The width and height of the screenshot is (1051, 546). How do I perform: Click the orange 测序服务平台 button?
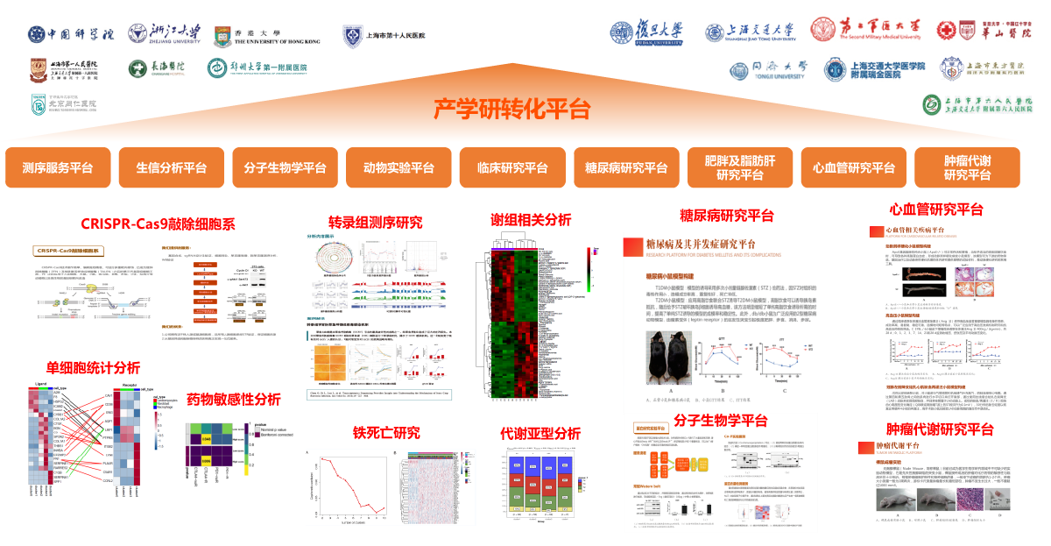pyautogui.click(x=57, y=168)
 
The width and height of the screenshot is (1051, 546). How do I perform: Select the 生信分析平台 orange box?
pyautogui.click(x=171, y=168)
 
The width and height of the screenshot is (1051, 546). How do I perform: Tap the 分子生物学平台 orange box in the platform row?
pyautogui.click(x=285, y=168)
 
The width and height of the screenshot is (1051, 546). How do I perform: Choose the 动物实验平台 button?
pyautogui.click(x=399, y=168)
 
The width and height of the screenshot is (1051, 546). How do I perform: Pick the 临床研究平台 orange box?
pyautogui.click(x=512, y=168)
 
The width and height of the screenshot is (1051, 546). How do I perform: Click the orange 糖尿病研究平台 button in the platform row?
pyautogui.click(x=626, y=168)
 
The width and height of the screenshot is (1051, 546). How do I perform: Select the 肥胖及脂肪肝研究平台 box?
pyautogui.click(x=740, y=168)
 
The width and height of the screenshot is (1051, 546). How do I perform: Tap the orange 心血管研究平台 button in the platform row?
pyautogui.click(x=854, y=168)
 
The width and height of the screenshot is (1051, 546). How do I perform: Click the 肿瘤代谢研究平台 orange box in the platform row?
pyautogui.click(x=967, y=168)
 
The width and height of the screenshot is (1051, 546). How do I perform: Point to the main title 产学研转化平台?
pyautogui.click(x=512, y=109)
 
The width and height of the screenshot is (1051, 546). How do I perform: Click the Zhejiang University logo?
pyautogui.click(x=164, y=33)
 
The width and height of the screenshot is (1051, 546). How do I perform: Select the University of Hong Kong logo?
pyautogui.click(x=267, y=35)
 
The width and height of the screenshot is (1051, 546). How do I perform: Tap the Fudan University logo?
pyautogui.click(x=646, y=32)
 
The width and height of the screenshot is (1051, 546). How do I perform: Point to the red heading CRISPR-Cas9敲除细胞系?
pyautogui.click(x=158, y=223)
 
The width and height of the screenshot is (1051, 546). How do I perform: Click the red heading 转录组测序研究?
pyautogui.click(x=375, y=222)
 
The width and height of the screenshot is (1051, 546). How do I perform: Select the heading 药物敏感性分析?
pyautogui.click(x=234, y=400)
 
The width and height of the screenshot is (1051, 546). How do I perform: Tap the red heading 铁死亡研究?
pyautogui.click(x=386, y=432)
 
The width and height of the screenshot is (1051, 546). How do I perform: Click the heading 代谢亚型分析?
pyautogui.click(x=540, y=433)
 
